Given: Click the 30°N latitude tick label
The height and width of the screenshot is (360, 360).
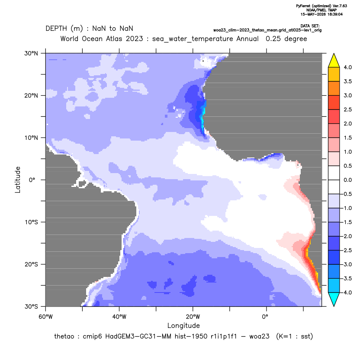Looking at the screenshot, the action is pos(31,53).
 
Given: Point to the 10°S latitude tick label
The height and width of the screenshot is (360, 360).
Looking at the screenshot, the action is pos(31,222).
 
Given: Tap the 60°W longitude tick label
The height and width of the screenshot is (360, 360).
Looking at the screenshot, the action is pos(45,317).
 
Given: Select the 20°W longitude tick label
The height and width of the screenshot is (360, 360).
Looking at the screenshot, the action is pos(193,317).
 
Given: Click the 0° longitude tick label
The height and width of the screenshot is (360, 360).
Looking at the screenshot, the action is pos(265,317).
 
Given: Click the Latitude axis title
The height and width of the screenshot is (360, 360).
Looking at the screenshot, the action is pos(18,180).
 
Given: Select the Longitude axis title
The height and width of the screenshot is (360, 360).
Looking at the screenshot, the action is pos(183,325).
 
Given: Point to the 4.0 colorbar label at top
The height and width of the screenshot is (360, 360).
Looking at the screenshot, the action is pos(347,67).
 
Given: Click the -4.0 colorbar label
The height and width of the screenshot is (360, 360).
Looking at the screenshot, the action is pos(347,292).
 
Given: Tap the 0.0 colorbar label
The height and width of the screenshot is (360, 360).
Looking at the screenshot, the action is pos(347,180).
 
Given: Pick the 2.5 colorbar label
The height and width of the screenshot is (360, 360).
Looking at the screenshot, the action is pos(347,109).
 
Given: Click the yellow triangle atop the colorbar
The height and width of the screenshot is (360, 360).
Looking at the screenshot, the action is pos(334,61).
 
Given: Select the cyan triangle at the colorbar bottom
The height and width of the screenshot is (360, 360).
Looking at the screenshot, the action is pos(334,299).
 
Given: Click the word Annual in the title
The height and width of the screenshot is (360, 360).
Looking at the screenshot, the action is pos(247,39).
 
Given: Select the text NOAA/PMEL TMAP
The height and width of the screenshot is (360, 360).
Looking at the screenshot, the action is pos(321,10).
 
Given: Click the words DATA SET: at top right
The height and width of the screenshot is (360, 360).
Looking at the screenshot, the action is pos(310,26).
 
